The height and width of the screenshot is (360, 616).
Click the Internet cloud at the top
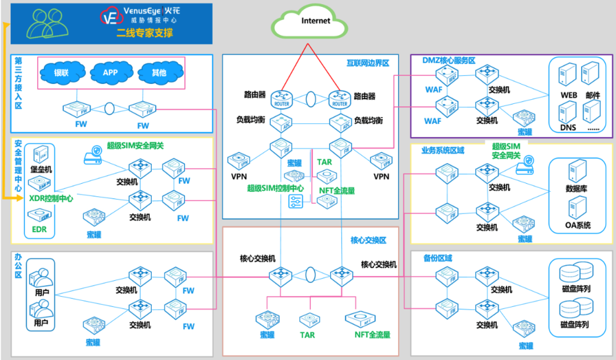310,22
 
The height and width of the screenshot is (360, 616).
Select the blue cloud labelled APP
110,72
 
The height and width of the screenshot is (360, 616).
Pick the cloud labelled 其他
159,72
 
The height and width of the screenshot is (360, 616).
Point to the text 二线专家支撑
145,33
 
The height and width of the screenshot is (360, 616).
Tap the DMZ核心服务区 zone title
449,60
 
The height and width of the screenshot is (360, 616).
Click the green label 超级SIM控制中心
275,188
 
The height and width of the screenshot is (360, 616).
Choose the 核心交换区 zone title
368,240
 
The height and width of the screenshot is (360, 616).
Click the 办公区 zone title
18,267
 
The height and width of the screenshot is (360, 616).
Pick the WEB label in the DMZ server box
569,95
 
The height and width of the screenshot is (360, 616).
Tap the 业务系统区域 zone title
443,151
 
